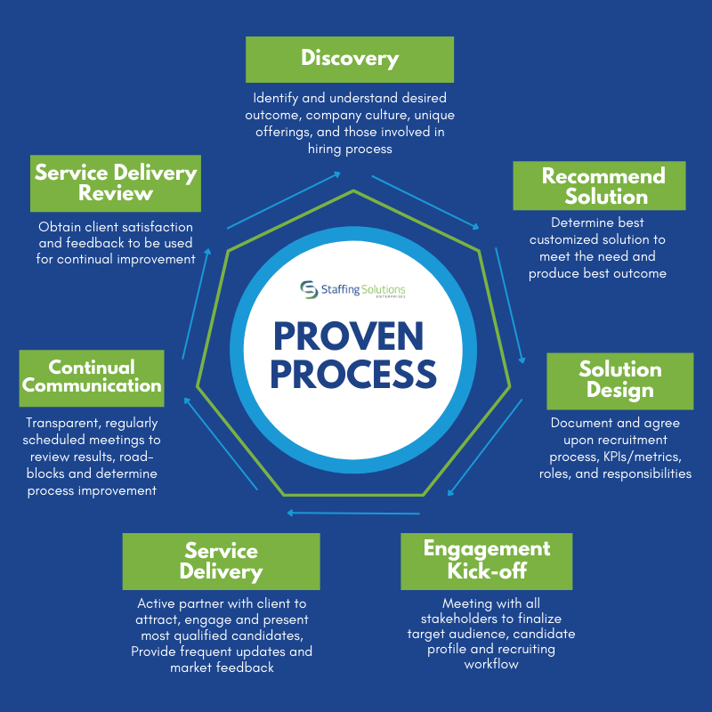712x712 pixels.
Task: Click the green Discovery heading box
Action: point(350,60)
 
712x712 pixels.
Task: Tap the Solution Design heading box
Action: point(619,380)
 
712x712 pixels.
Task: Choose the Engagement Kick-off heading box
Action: point(486,559)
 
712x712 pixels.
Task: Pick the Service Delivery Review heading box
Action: point(115,182)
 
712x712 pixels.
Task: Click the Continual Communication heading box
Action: point(92,376)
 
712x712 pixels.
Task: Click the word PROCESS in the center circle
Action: point(353,375)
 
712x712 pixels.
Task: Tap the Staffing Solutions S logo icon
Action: point(309,290)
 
